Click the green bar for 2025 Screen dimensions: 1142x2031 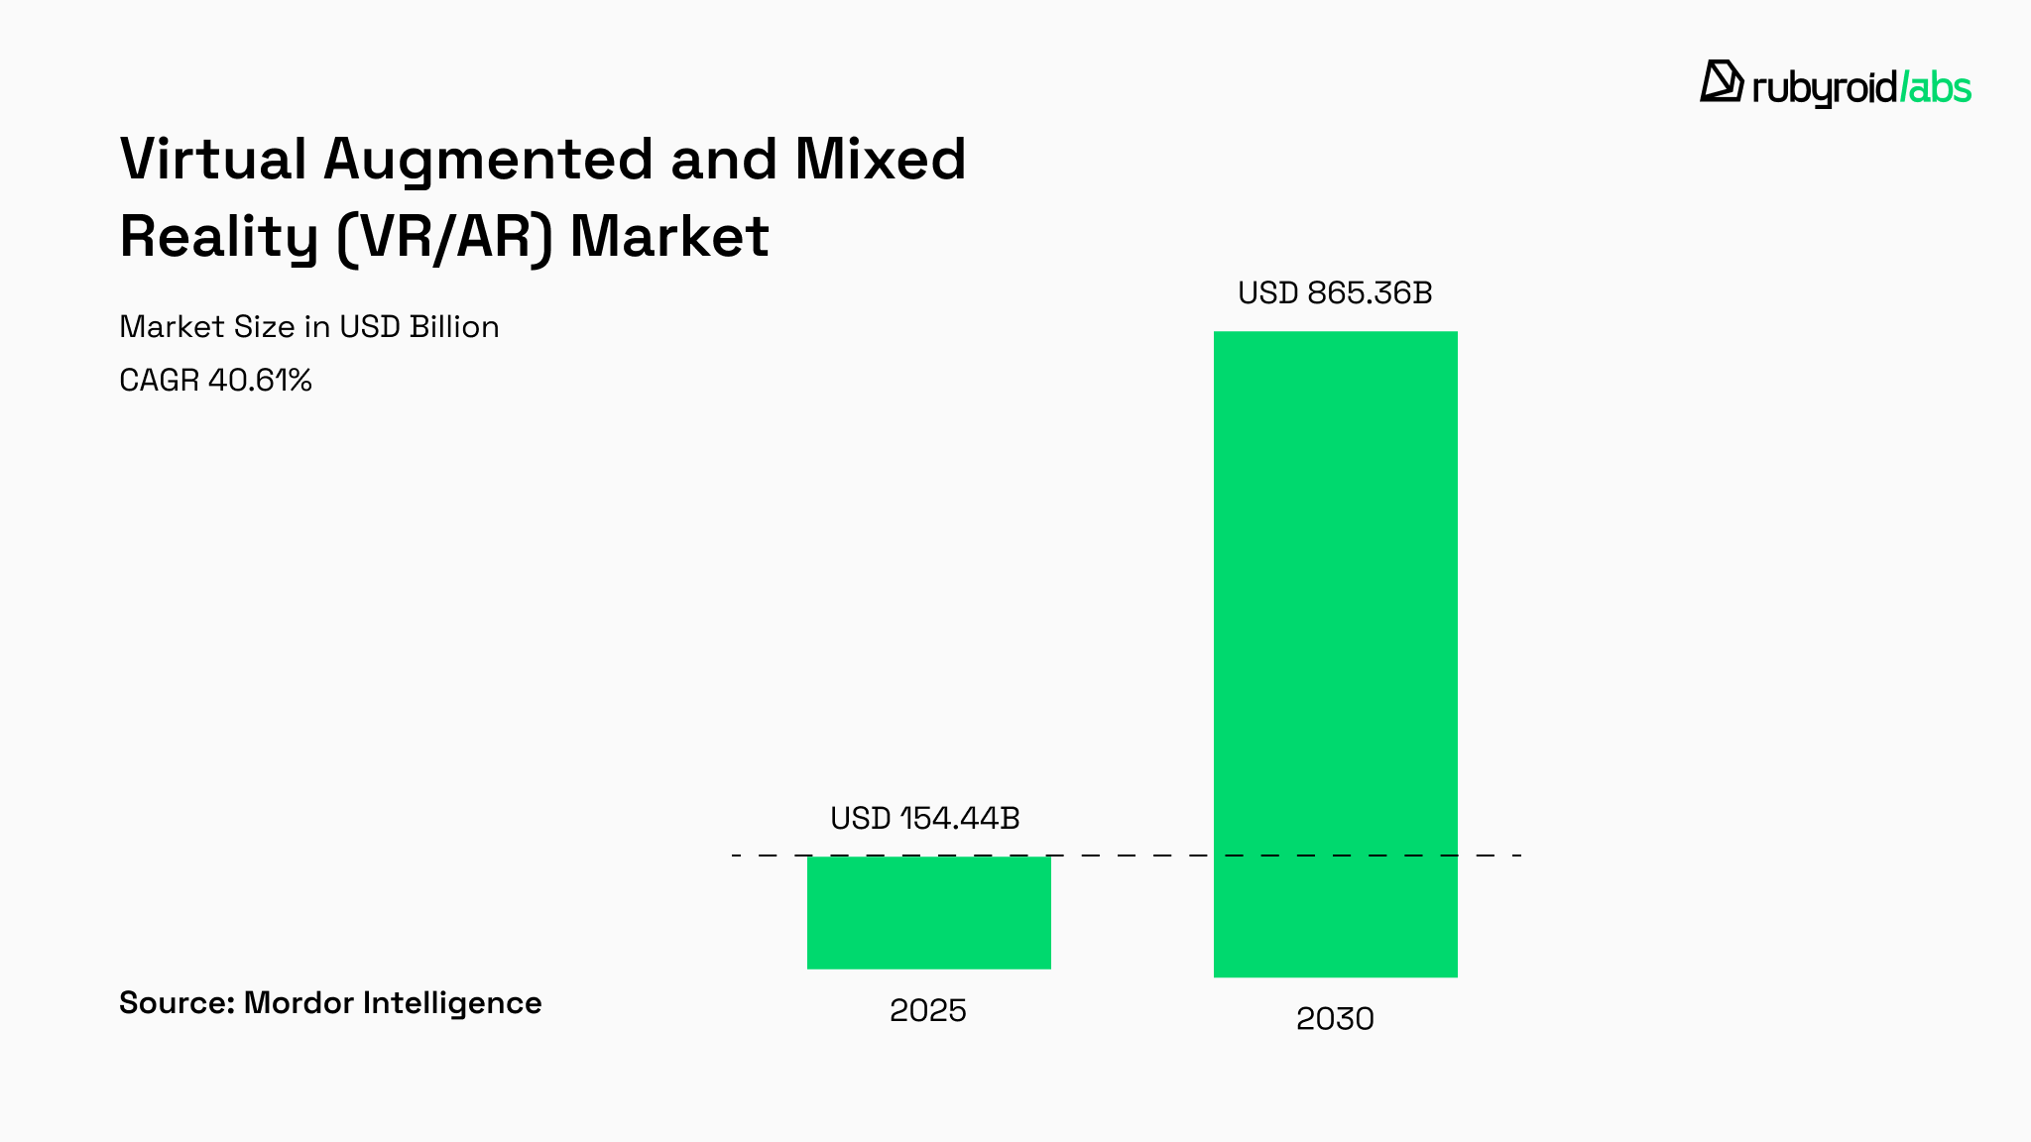tap(928, 912)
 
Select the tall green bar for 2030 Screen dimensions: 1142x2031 tap(1335, 654)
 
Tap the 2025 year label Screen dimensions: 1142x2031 tap(927, 1010)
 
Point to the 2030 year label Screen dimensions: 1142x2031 tap(1335, 1018)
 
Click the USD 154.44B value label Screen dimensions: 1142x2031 tap(924, 818)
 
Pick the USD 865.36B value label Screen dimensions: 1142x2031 tap(1335, 293)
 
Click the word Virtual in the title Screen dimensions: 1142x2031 tap(213, 159)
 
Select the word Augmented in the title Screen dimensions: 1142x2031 tap(488, 161)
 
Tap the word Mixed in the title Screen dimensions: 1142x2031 tap(880, 159)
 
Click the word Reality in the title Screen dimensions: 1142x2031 tap(218, 238)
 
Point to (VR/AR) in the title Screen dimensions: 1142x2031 tap(443, 238)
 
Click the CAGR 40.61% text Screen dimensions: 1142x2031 tap(215, 380)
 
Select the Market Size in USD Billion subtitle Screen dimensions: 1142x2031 tap(308, 326)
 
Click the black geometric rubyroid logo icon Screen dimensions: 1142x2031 tap(1722, 81)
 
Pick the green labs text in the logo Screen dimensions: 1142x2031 tap(1937, 87)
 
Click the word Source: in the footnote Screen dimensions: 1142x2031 tap(177, 1002)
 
